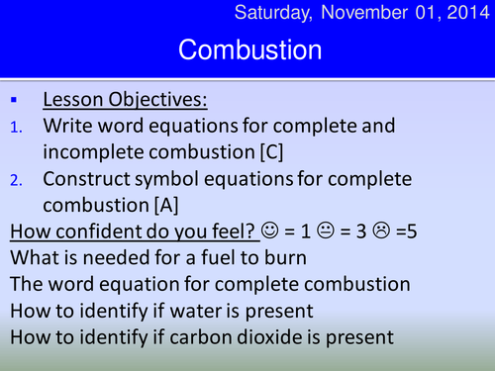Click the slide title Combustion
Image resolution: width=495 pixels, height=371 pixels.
pos(249,48)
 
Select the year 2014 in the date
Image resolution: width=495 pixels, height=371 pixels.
pos(464,13)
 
